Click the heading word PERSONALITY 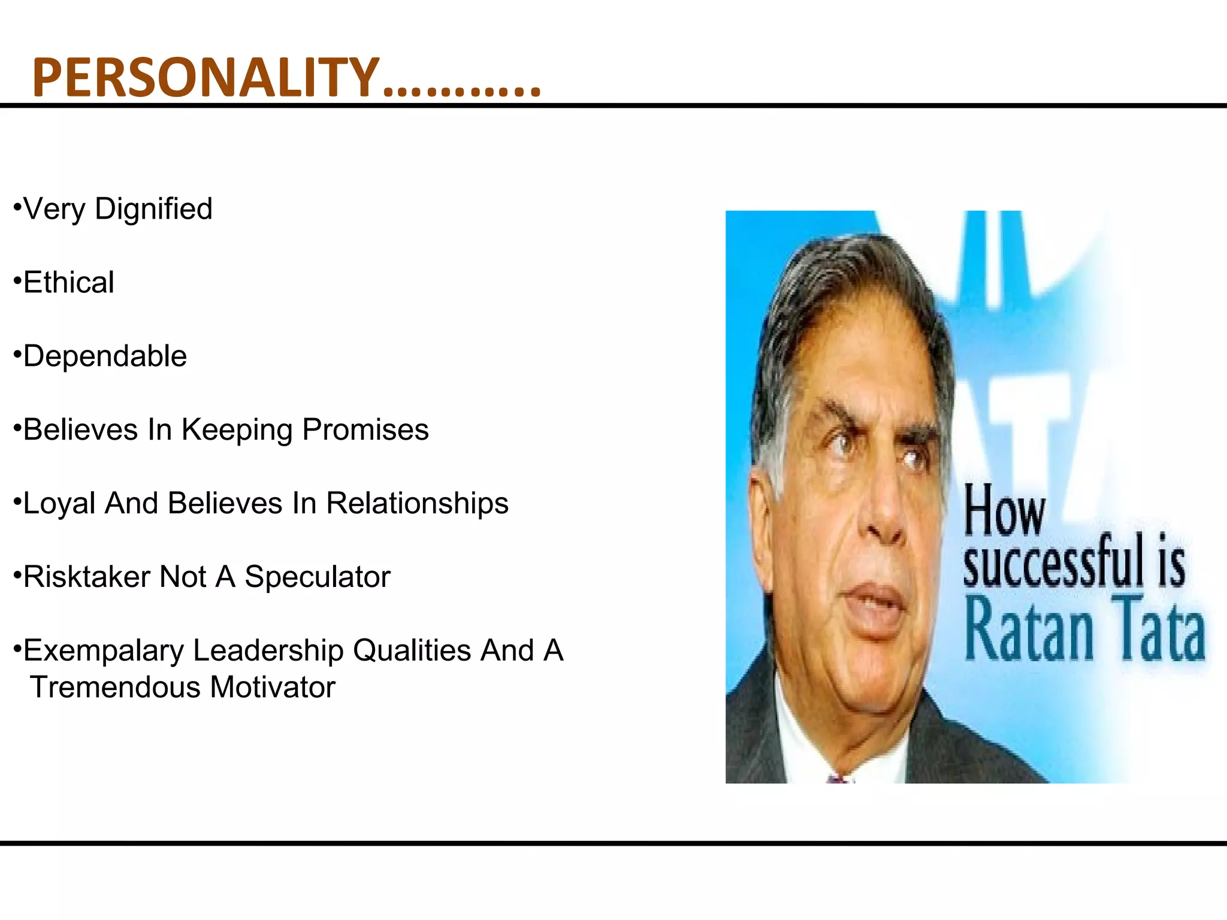pos(205,77)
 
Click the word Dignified pos(153,210)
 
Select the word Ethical pos(69,283)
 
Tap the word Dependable pos(105,356)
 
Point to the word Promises pos(365,430)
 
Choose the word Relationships pos(417,504)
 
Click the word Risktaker pos(86,577)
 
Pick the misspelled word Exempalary pos(104,652)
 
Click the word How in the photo pos(1004,511)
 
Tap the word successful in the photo pos(1053,562)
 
